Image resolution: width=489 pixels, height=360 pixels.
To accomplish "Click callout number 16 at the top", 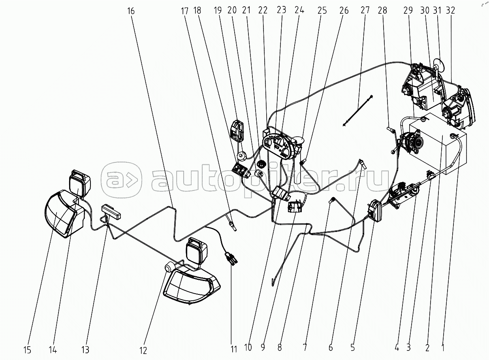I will [131, 11].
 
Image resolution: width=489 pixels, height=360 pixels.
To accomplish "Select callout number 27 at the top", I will [365, 11].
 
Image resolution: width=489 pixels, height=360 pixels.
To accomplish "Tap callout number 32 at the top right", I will [450, 11].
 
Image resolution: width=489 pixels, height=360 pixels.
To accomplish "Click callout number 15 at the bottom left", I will [27, 350].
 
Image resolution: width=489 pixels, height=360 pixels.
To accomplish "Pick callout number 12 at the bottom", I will [143, 350].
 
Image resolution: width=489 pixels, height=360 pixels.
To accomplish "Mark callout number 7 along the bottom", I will [305, 348].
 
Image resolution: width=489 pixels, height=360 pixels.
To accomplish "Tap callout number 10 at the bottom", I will [248, 348].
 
